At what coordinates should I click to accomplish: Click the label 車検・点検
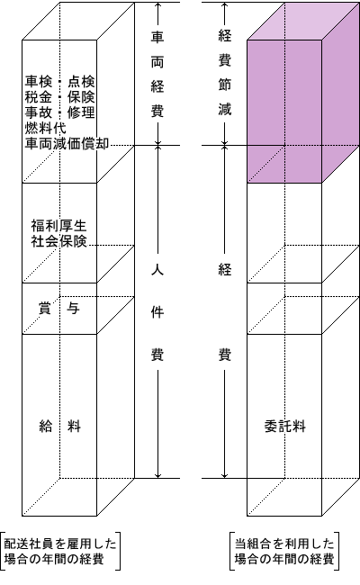(x=59, y=81)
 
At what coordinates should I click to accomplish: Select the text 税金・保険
(x=59, y=96)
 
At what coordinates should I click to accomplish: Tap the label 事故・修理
(x=59, y=112)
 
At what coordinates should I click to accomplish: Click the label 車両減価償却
(x=67, y=144)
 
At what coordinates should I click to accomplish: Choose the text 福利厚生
(x=58, y=226)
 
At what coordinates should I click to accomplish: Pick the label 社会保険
(x=58, y=241)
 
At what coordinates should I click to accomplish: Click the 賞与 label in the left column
(x=59, y=309)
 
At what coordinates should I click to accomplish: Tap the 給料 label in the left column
(x=59, y=426)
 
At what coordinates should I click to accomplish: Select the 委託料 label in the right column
(x=285, y=426)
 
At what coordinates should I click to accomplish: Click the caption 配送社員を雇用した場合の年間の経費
(x=60, y=552)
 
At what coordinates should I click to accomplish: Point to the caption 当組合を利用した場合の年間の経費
(x=284, y=552)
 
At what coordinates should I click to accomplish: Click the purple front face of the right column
(x=284, y=112)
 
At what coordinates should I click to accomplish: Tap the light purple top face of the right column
(x=303, y=21)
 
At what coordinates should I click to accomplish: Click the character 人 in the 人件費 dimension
(x=157, y=269)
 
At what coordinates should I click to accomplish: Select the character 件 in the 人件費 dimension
(x=157, y=311)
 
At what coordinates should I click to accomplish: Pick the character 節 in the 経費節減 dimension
(x=225, y=85)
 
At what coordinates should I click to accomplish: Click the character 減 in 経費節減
(x=225, y=109)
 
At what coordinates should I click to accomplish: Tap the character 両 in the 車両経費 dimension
(x=157, y=62)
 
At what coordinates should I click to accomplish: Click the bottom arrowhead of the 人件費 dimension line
(x=157, y=475)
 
